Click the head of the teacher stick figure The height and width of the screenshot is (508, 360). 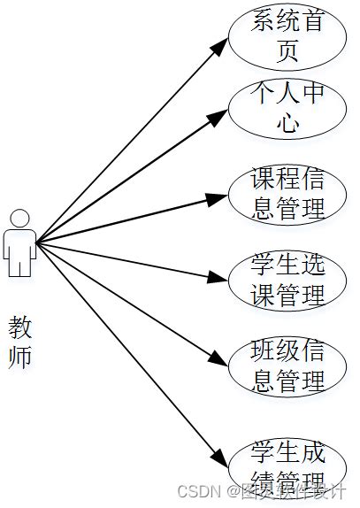(x=19, y=217)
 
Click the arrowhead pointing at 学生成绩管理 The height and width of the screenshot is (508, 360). (x=222, y=459)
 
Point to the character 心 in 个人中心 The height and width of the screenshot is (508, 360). (x=287, y=123)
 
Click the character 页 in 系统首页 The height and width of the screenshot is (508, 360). (x=287, y=50)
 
